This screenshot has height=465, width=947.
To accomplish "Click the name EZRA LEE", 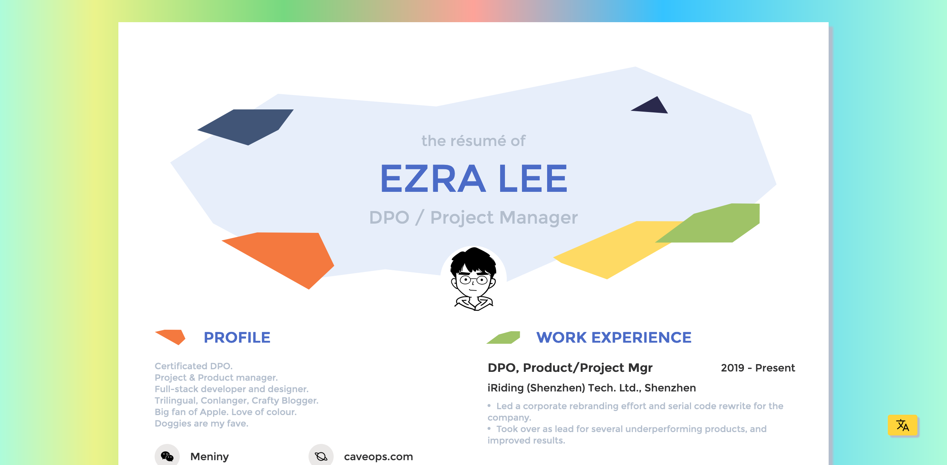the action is coord(473,179).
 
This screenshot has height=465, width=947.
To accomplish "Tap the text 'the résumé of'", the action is coord(473,141).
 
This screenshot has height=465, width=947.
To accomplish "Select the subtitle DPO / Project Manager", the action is coord(473,217).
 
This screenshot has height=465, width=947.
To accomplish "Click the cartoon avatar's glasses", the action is coord(473,280).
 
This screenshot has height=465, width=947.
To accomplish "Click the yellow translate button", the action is coord(903,425).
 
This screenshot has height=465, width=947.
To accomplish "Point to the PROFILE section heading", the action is coord(237,337).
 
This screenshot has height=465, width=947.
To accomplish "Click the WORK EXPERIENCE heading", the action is coord(614,337).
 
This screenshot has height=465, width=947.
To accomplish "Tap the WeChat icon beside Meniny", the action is coord(167,456).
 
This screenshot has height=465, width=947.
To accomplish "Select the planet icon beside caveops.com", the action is coord(321,456).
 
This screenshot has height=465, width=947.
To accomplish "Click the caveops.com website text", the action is coord(378,457).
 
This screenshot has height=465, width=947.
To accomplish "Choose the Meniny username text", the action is coord(209,457).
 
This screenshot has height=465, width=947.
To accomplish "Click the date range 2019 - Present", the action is coord(758,368).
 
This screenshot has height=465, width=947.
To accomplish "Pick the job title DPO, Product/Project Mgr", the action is coord(570,368).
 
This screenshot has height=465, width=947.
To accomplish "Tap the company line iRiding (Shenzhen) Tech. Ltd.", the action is coord(592,388).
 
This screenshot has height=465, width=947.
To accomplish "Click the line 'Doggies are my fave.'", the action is coord(201,423).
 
